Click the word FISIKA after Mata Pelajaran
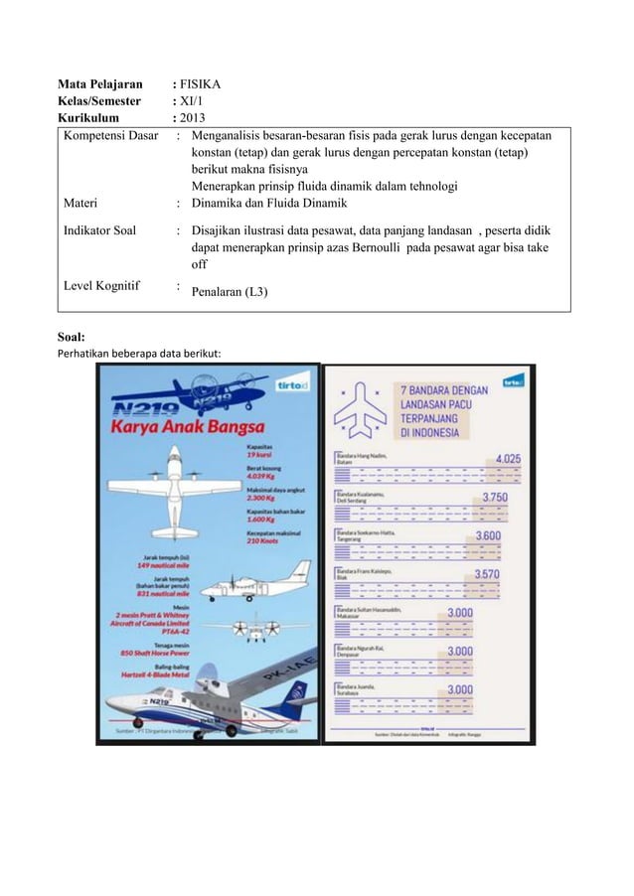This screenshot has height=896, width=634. [200, 84]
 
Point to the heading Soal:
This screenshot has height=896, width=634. [75, 338]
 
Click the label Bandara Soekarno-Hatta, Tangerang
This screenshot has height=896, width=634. [364, 535]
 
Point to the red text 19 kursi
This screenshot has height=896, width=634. [261, 455]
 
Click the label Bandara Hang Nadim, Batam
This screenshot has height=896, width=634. [359, 459]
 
